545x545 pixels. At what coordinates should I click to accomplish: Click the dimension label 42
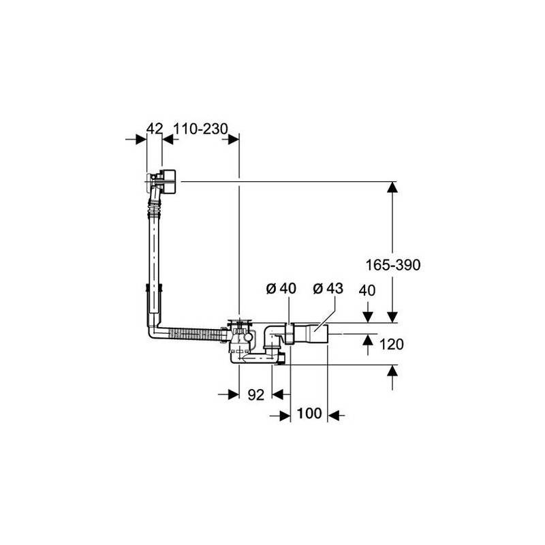tap(155, 129)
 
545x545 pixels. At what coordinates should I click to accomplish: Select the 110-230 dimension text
tap(200, 129)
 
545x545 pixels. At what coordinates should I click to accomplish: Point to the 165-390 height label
tap(393, 265)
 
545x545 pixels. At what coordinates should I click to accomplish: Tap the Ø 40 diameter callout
tap(281, 288)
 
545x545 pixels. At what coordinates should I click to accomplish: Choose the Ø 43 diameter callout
tap(328, 288)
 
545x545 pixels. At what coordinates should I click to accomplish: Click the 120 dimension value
tap(391, 345)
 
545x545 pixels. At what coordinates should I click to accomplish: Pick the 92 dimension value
tap(256, 394)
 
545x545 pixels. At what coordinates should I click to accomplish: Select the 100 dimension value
tap(309, 414)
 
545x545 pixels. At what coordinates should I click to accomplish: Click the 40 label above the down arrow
tap(367, 290)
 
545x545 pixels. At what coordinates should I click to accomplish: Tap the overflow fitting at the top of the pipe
tap(162, 181)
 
